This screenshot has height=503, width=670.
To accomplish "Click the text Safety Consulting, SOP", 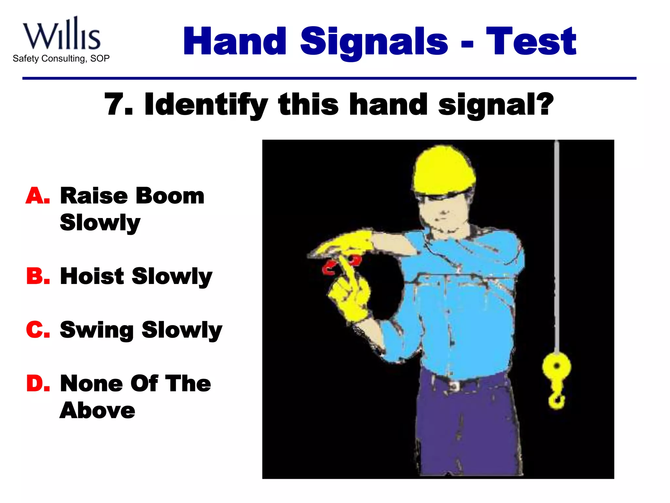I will pos(61,59).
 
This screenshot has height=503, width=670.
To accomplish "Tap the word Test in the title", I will pos(531,42).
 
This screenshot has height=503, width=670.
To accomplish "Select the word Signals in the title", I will pos(374,42).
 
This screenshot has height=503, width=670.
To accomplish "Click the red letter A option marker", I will pos(37,196).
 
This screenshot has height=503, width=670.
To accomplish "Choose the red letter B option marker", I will pos(37,276).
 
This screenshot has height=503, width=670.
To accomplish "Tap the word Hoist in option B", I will pos(92,276).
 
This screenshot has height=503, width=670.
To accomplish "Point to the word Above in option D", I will pos(97,410).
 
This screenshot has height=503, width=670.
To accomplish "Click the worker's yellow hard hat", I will pos(443,172).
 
